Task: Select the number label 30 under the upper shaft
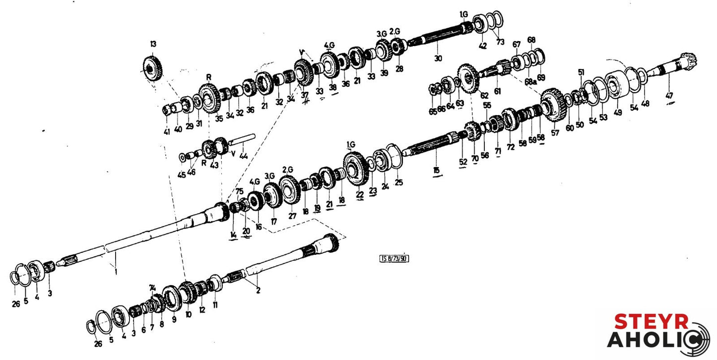[x=437, y=58]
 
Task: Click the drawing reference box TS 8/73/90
[x=394, y=258]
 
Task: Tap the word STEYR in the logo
[x=652, y=322]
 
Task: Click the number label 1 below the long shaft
[x=116, y=271]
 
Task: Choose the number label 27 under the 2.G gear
[x=292, y=216]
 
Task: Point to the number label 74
[x=152, y=288]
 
